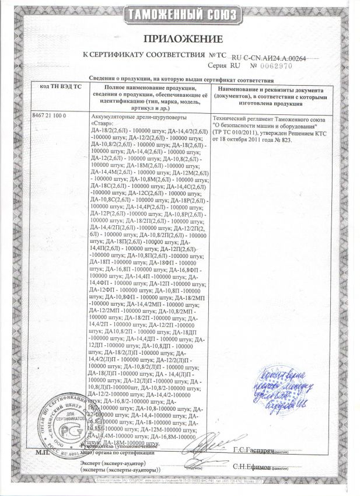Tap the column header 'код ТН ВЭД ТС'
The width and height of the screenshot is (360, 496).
(61, 86)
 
